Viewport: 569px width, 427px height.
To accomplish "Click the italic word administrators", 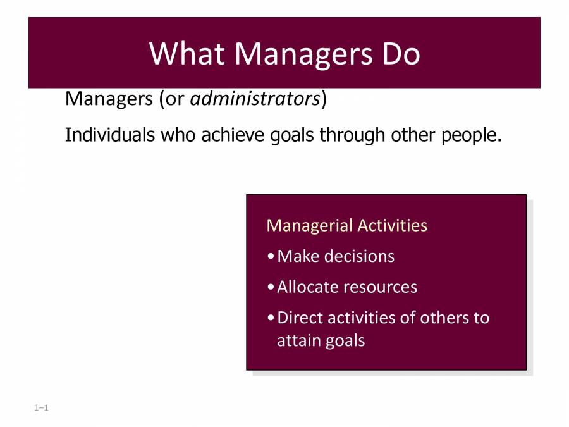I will pos(255,99).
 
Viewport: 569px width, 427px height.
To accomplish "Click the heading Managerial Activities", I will pos(346,226).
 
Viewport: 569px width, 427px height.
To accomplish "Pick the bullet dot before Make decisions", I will pos(271,257).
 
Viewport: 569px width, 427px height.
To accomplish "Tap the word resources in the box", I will pos(381,287).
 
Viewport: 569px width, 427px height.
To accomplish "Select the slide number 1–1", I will pos(42,408).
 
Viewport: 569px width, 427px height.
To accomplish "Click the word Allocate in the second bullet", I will pos(308,287).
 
